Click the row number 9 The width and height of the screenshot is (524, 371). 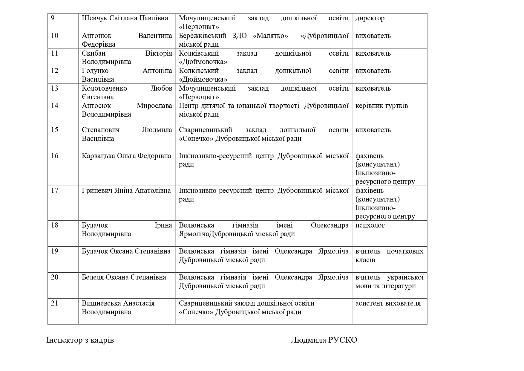[53, 18]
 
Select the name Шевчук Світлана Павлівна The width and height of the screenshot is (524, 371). [125, 18]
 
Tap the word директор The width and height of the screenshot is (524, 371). [370, 18]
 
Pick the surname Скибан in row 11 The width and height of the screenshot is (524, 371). [94, 54]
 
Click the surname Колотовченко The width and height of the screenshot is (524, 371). [104, 88]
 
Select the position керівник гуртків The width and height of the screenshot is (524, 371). [381, 106]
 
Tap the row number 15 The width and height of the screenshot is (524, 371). [55, 130]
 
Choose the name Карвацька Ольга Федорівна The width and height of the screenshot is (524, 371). [126, 156]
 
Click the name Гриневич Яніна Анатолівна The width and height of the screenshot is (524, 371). [126, 191]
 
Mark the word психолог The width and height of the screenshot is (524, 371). [370, 225]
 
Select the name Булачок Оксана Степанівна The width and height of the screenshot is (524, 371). [126, 251]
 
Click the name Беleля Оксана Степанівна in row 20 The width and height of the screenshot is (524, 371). [124, 277]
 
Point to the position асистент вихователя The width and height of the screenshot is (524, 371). [388, 303]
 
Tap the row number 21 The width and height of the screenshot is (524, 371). [54, 303]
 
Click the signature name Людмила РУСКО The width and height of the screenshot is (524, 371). [324, 340]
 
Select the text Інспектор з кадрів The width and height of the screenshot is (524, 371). [80, 340]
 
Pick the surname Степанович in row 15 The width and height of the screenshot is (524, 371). [101, 130]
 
